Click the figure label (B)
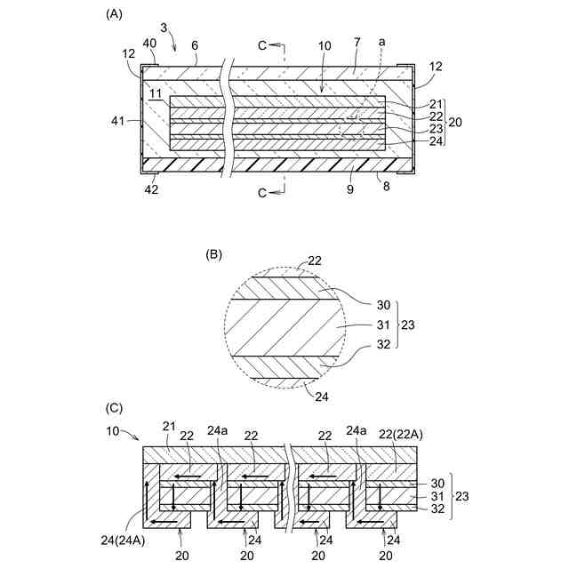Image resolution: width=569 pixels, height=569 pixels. [x=213, y=253]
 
